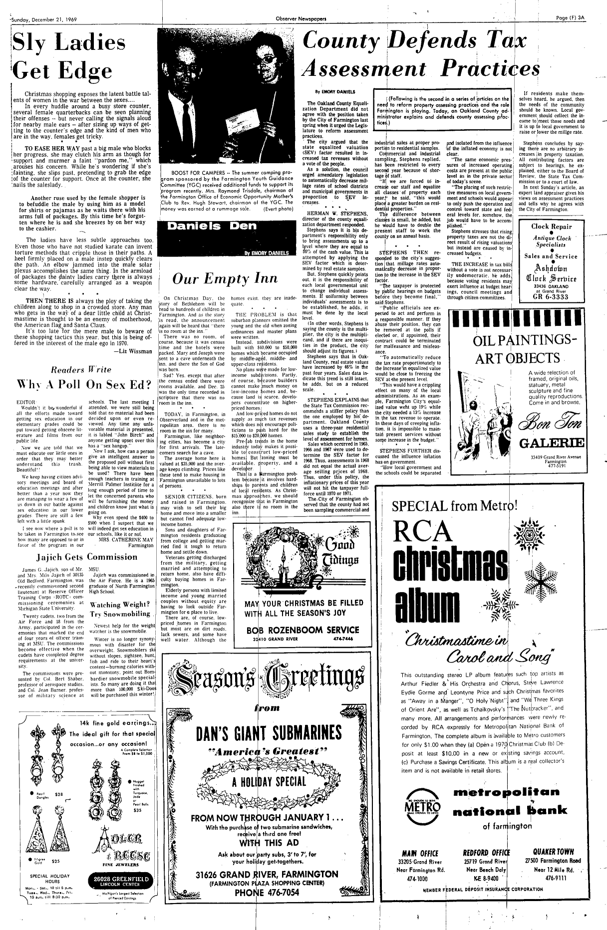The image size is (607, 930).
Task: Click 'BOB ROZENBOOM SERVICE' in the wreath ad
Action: (x=303, y=630)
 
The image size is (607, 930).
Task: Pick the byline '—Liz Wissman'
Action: (x=132, y=351)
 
